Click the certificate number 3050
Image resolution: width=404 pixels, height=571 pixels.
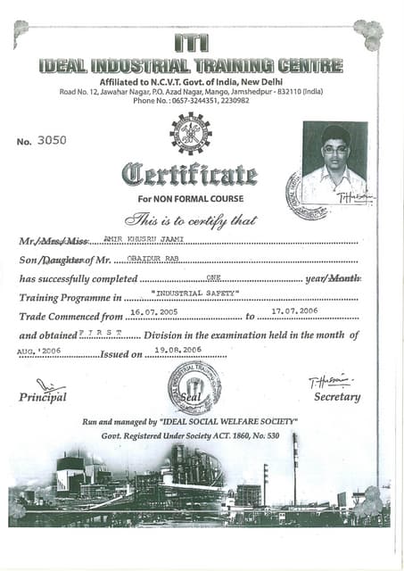pyautogui.click(x=53, y=139)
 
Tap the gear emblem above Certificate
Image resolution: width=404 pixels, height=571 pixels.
pyautogui.click(x=191, y=133)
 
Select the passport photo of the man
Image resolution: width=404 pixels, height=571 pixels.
pyautogui.click(x=334, y=162)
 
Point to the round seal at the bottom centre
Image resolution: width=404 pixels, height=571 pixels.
pyautogui.click(x=194, y=387)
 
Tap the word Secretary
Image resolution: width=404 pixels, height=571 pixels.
pyautogui.click(x=337, y=396)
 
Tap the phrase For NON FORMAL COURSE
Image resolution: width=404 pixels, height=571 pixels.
pyautogui.click(x=191, y=198)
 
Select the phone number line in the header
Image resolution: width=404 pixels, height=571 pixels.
pyautogui.click(x=191, y=101)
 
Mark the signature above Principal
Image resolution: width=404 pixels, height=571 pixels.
pyautogui.click(x=51, y=385)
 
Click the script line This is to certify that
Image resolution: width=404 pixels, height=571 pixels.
pyautogui.click(x=192, y=219)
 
